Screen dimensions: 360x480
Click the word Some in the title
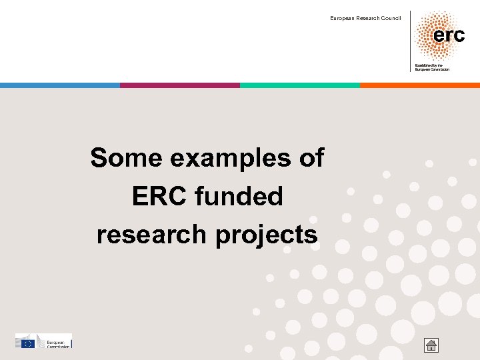(127, 159)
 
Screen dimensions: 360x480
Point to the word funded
(240, 197)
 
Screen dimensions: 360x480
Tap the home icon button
(431, 345)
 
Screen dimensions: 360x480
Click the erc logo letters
(449, 35)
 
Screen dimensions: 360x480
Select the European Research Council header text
(365, 18)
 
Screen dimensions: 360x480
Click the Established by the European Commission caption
(432, 67)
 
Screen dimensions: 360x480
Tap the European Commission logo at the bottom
(43, 341)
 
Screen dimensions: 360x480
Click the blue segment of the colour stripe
(60, 85)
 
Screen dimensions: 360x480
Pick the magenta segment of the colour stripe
(180, 85)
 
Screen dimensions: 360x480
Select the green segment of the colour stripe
(300, 85)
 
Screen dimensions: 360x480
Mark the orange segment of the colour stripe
(420, 85)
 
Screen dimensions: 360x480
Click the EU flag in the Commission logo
(28, 343)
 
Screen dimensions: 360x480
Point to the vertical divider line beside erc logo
(410, 40)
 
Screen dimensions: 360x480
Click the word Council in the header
(391, 18)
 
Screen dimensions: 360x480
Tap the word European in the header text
(341, 18)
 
